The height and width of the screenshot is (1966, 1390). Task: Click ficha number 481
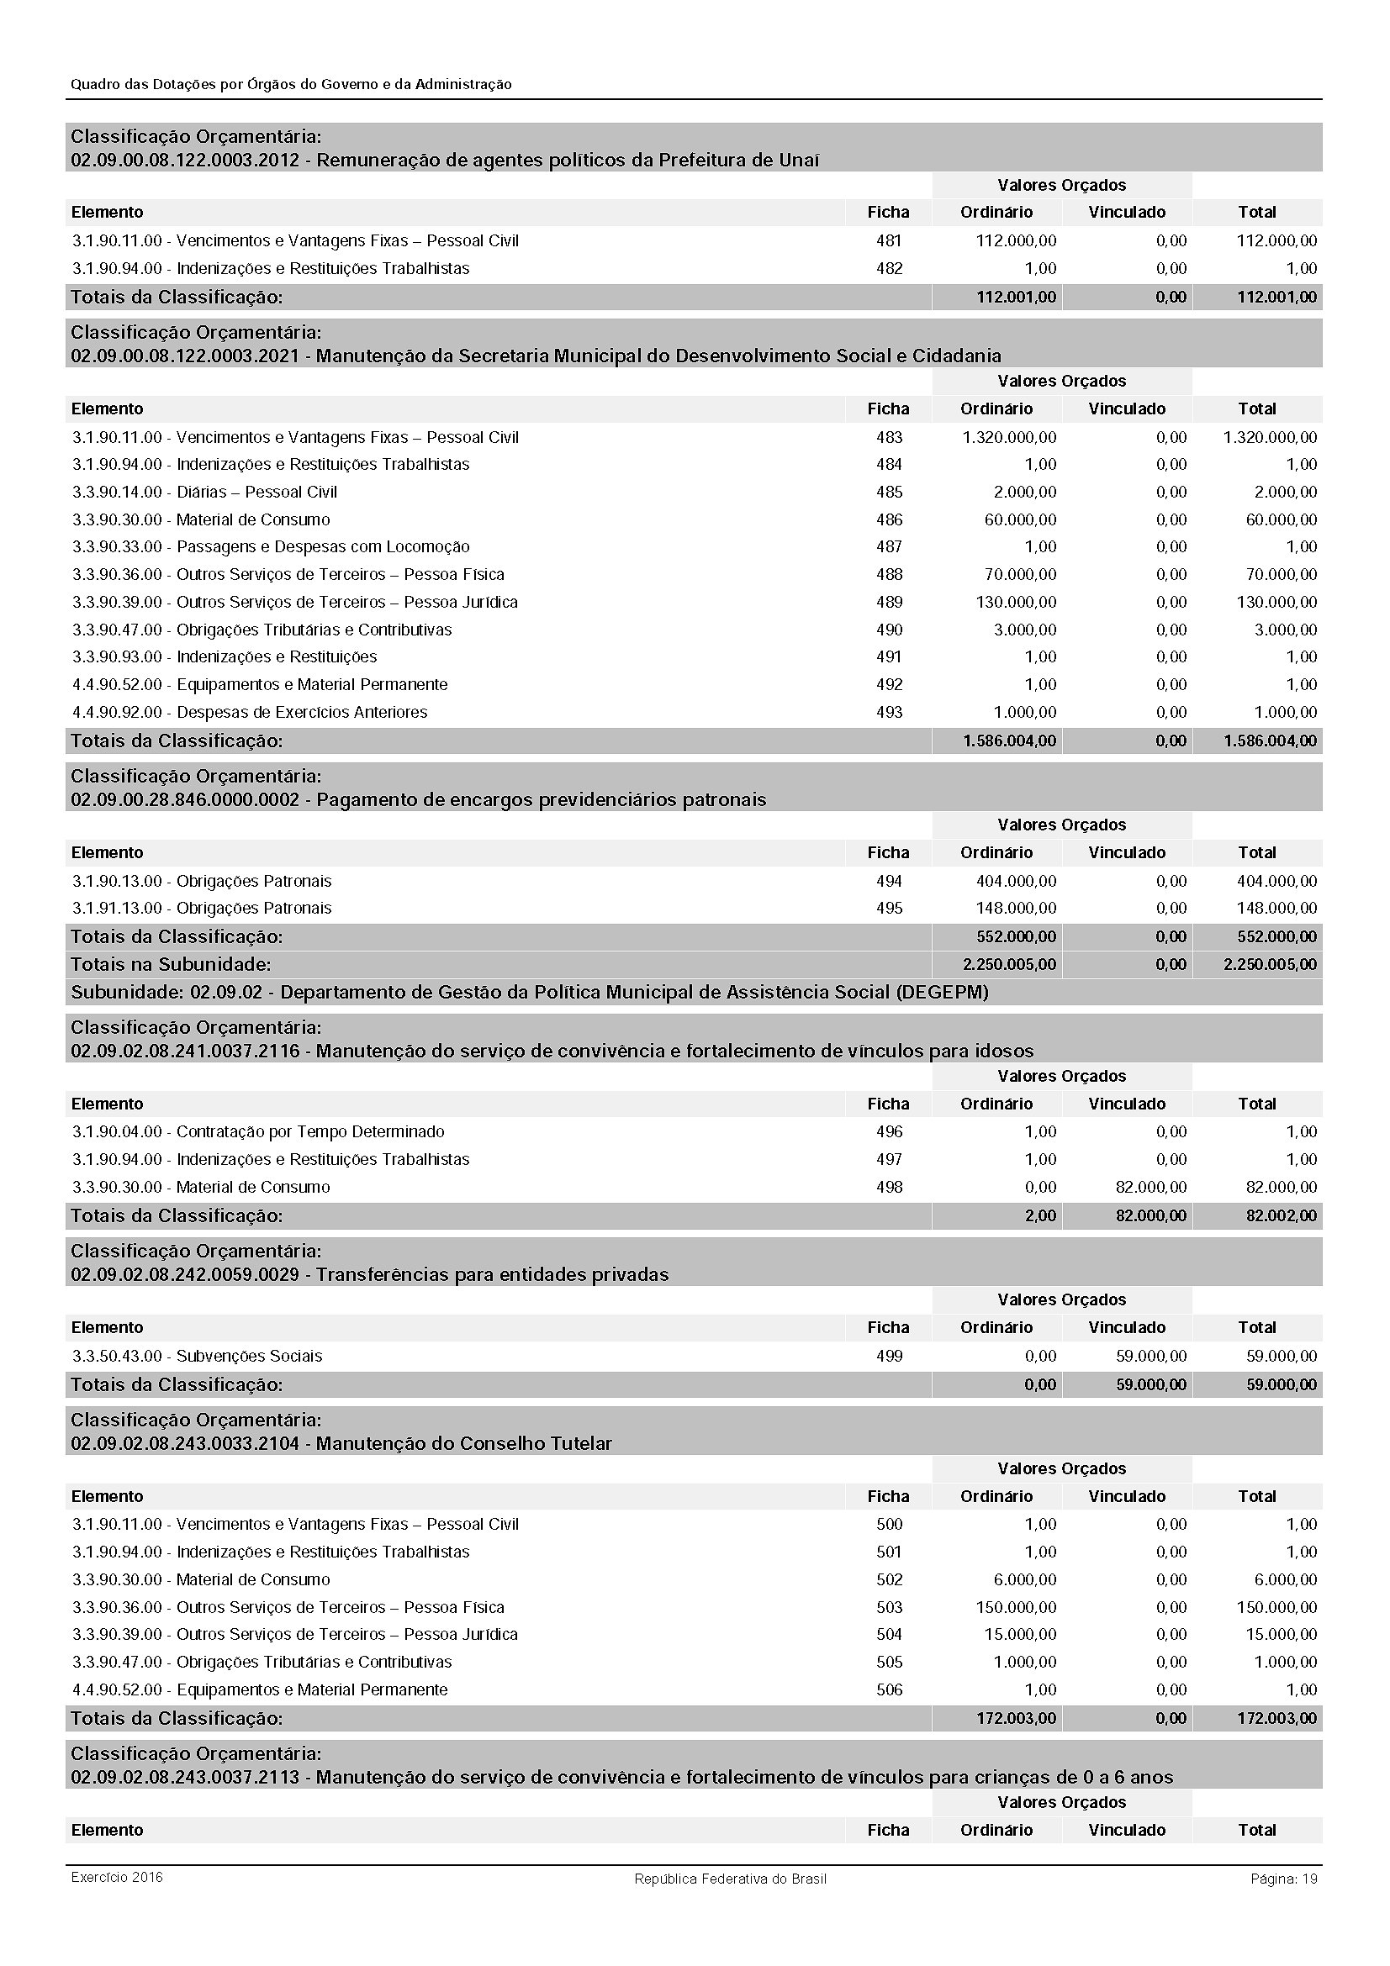coord(889,240)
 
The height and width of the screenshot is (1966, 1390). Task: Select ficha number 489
coord(889,602)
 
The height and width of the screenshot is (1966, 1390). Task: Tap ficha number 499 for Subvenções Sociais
coord(889,1356)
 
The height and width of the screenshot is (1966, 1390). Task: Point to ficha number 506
coord(889,1689)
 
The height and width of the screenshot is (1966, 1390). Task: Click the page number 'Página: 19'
coord(1283,1879)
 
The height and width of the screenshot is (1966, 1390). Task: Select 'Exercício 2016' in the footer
coord(117,1877)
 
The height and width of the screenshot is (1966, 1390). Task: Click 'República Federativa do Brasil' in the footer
coord(730,1879)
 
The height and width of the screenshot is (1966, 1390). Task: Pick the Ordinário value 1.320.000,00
coord(1009,438)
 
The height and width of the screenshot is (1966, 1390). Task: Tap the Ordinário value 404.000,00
coord(1016,881)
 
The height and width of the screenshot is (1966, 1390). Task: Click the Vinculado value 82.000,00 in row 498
coord(1151,1187)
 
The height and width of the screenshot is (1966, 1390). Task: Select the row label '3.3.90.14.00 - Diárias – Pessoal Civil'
coord(204,493)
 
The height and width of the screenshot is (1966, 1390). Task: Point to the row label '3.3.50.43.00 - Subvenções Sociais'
coord(197,1356)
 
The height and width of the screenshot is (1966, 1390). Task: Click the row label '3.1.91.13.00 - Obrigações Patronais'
coord(201,908)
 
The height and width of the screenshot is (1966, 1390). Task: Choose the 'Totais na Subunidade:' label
coord(171,964)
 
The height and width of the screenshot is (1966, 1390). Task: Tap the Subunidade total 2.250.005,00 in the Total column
coord(1269,964)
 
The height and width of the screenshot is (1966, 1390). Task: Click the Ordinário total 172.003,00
coord(1016,1718)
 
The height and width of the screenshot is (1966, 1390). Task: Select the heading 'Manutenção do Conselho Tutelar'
coord(464,1443)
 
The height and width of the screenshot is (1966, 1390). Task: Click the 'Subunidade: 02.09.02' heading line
coord(529,992)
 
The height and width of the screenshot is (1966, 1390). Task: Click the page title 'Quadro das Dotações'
coord(291,85)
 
